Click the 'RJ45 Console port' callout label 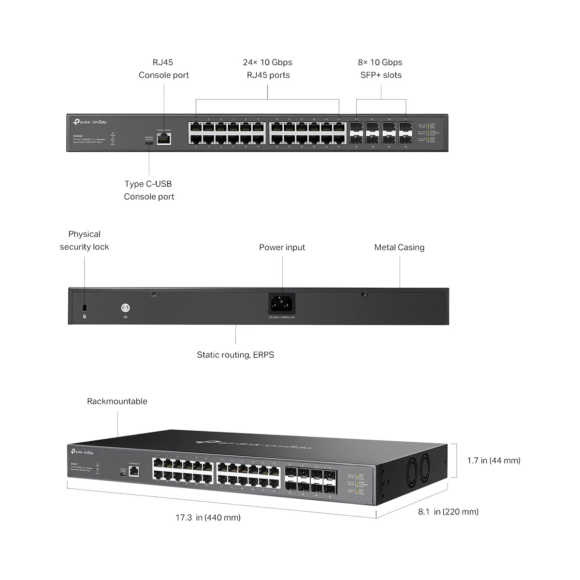[163, 69]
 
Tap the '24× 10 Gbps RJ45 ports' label [267, 69]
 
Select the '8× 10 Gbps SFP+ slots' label [380, 69]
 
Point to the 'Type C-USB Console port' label [149, 190]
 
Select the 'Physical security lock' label [84, 240]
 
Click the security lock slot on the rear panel [85, 308]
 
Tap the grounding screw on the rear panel [126, 307]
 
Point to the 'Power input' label [282, 247]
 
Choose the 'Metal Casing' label [399, 247]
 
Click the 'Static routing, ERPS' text [235, 355]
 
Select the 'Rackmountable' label [117, 401]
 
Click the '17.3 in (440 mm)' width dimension [208, 518]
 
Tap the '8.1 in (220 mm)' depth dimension [448, 512]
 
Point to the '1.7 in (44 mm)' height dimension [493, 461]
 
